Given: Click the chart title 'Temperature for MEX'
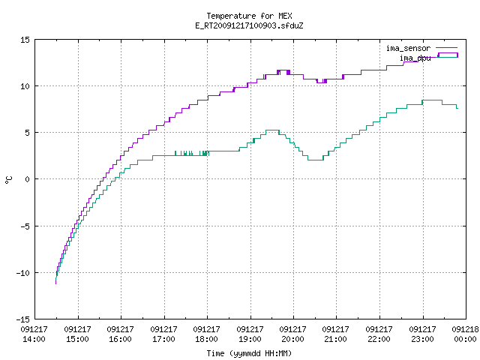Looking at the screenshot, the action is click(249, 16).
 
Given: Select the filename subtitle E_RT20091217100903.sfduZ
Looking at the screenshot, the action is click(249, 25).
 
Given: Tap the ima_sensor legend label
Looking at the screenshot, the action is click(408, 48).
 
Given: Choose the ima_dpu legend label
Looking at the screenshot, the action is click(415, 58).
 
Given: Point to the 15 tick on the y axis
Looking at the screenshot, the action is click(25, 40).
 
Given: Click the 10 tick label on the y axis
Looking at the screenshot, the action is click(25, 86).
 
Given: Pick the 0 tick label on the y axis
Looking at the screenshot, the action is click(27, 179).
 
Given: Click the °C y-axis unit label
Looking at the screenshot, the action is click(8, 179).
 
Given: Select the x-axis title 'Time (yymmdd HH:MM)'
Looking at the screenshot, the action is click(249, 353).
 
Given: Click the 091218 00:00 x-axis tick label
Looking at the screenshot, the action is click(465, 334).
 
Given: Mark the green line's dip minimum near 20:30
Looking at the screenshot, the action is click(316, 160).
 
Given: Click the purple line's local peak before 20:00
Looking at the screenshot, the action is click(283, 70).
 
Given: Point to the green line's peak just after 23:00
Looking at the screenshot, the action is click(432, 100).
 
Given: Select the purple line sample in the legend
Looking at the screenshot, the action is click(447, 48).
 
